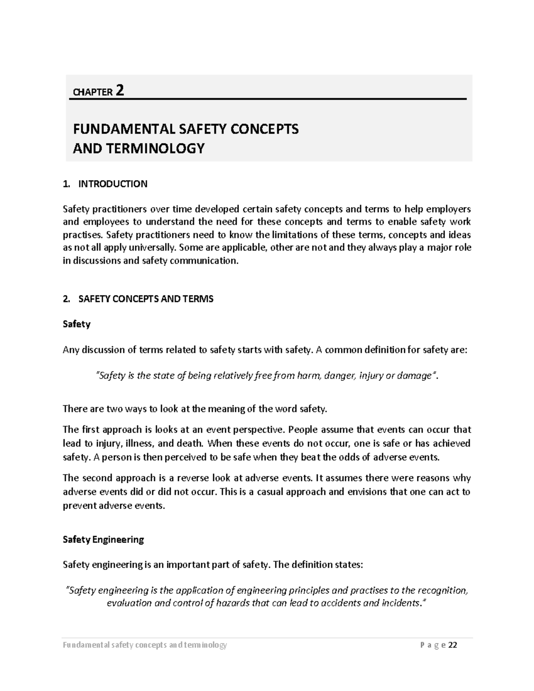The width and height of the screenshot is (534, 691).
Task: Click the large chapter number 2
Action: click(119, 91)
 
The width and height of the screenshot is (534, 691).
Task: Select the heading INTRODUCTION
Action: click(113, 184)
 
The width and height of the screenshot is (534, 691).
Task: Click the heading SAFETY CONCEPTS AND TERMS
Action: click(146, 299)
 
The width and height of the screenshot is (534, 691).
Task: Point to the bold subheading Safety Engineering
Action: click(103, 539)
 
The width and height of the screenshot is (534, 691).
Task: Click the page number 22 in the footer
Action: click(453, 645)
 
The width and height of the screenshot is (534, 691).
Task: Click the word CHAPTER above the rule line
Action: click(93, 93)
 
